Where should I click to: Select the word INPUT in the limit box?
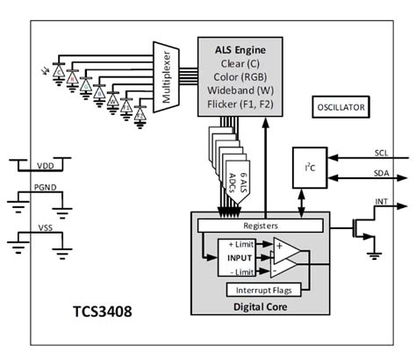tap(238, 257)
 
